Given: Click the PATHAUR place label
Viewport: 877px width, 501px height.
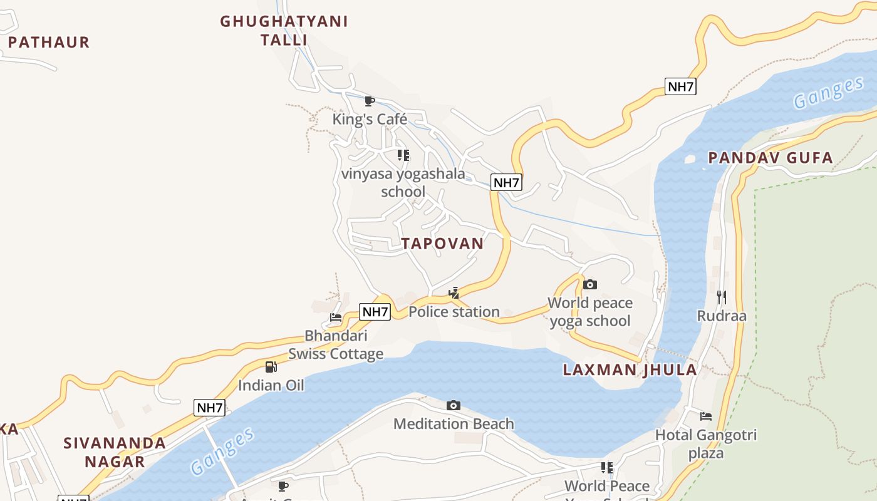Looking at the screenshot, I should (x=49, y=42).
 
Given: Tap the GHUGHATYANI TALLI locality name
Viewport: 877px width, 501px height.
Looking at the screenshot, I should (x=284, y=31).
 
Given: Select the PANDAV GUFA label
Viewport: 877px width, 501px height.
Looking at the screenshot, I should (x=771, y=158).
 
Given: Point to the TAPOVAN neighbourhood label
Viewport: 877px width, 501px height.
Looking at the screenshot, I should (x=442, y=244).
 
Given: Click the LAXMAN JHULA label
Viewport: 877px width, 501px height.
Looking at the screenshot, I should (x=630, y=369).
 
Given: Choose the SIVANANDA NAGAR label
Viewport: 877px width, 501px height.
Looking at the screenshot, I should (x=115, y=452).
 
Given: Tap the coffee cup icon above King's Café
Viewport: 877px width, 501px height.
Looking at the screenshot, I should (x=370, y=101).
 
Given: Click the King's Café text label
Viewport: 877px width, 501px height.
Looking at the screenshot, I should (x=370, y=119).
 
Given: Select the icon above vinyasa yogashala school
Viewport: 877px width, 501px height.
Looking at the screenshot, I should (x=403, y=155).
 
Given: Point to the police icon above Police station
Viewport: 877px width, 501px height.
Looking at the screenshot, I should (x=454, y=292).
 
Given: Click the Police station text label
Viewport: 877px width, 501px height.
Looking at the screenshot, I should (x=454, y=311).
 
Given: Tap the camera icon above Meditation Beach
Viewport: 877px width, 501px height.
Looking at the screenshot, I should (x=454, y=406).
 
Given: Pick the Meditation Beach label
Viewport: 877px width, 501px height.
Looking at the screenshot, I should (x=454, y=424).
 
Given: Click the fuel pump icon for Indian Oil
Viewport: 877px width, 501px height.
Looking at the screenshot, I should (x=271, y=367).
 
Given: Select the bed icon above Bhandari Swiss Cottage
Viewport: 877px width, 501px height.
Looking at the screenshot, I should (x=336, y=318).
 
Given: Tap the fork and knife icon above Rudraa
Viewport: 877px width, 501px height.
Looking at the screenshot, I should (x=722, y=297).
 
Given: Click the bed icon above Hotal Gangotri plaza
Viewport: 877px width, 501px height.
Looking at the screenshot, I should (x=706, y=416).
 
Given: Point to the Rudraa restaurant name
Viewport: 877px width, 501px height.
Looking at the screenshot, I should (x=722, y=316).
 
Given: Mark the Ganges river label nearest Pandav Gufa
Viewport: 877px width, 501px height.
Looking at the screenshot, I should (x=828, y=93).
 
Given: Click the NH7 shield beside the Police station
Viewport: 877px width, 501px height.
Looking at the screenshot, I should (x=375, y=311).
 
